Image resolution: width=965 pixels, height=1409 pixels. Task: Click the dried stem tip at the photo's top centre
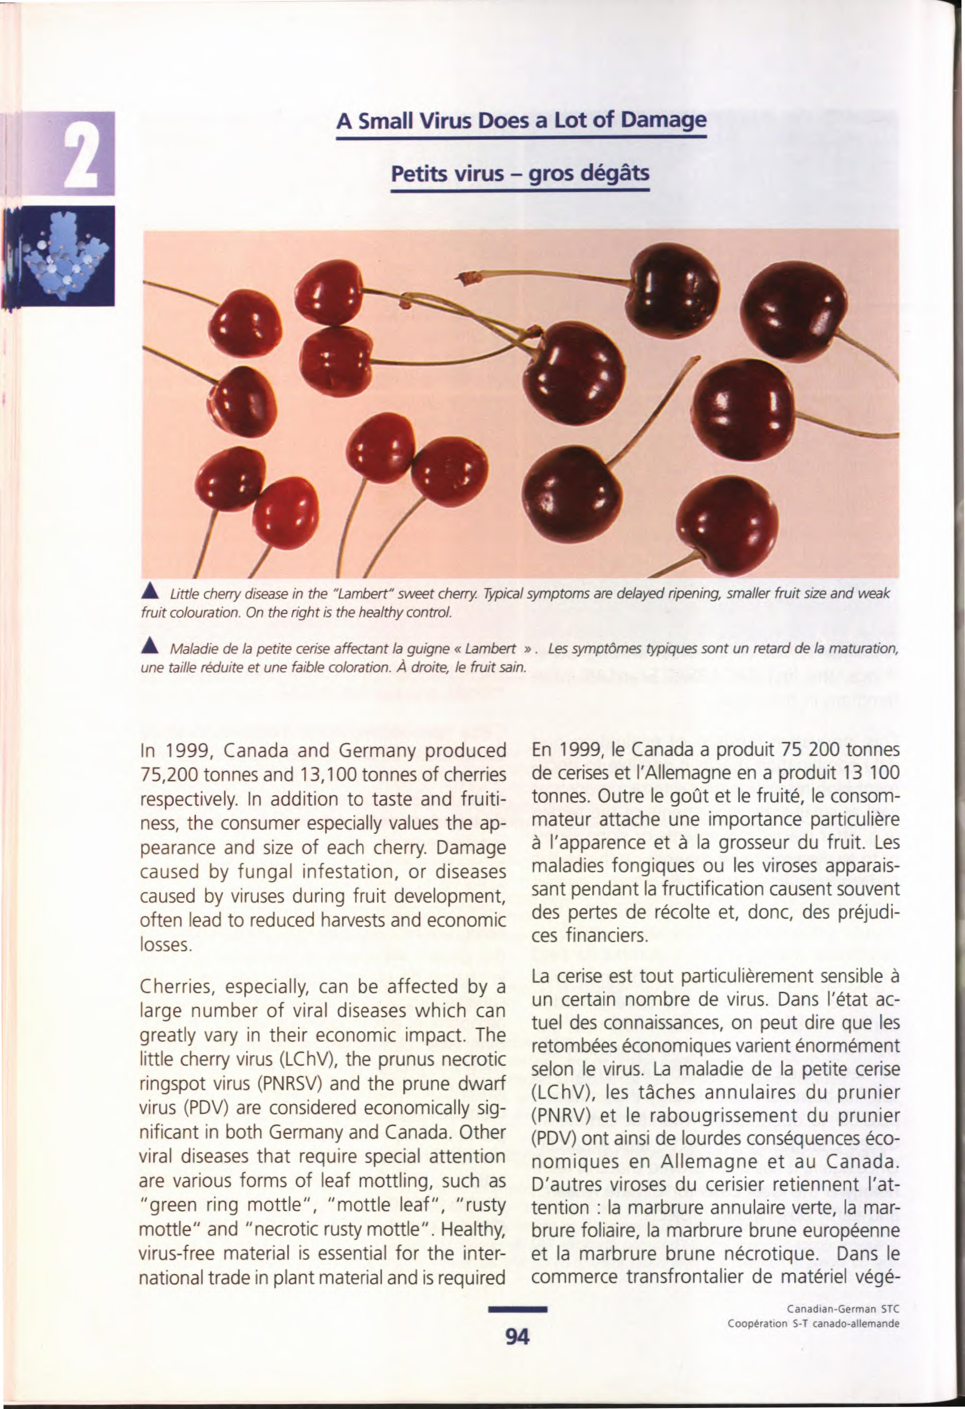pos(471,278)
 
